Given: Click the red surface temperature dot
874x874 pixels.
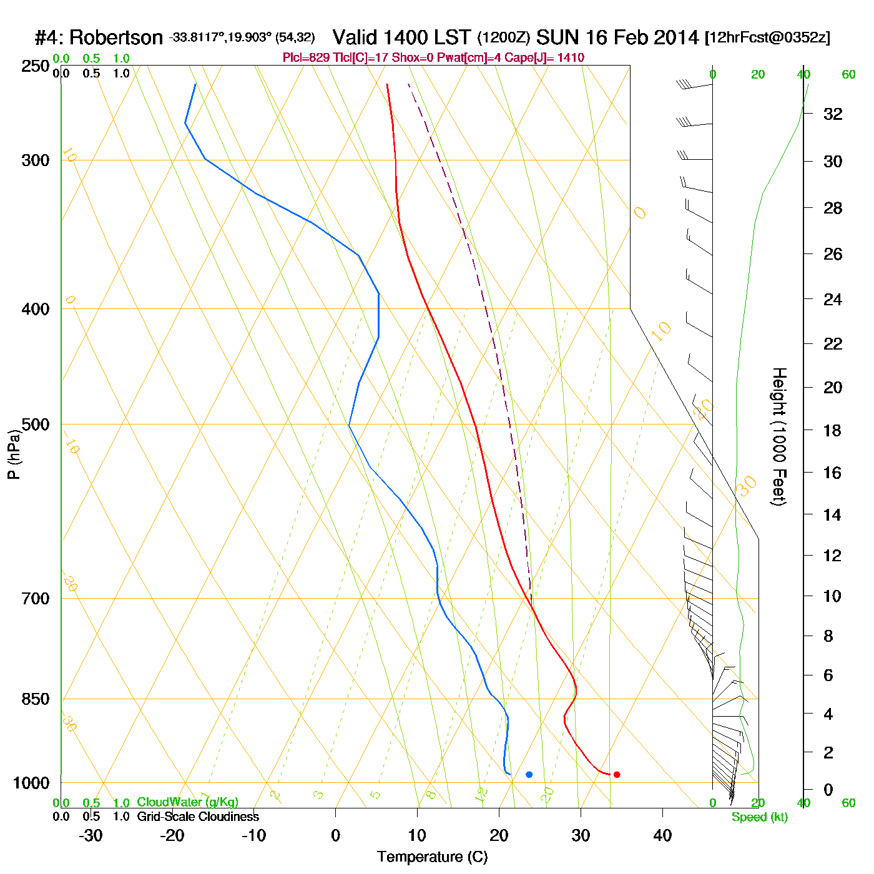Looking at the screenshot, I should pos(617,775).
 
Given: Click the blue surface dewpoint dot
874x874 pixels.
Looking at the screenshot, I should pos(529,775).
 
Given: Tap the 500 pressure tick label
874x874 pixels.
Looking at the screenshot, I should pos(36,425).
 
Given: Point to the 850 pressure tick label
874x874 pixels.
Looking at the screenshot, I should pos(36,699).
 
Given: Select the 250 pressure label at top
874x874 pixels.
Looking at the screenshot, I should pos(36,66).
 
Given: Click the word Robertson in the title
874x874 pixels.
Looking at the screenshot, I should pos(115,38).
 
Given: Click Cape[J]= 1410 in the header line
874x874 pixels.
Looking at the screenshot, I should pos(554,58).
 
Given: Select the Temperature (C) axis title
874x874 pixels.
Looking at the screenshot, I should pos(432,857).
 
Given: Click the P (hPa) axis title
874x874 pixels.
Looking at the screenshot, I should pos(14,454).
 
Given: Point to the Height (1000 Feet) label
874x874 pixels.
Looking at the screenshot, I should pos(779,436).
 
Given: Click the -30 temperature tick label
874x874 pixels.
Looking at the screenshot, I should pos(91,835).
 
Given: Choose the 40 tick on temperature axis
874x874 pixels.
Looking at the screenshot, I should pos(662,835).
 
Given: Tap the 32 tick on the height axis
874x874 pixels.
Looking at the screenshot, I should pos(833,114).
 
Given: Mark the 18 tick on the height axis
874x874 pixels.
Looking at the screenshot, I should pos(833,431).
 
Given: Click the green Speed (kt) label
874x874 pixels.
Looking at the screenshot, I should pos(760,817).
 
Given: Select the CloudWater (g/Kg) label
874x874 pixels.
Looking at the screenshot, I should pos(187,802).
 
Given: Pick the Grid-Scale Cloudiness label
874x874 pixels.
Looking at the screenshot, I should pos(198,817).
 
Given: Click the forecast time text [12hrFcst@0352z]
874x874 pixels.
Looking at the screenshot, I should pos(767,38).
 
